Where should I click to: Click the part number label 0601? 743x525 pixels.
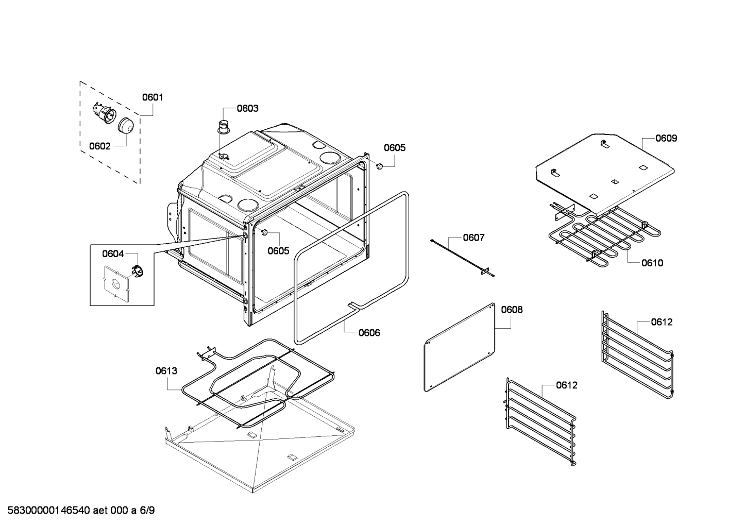pos(153,97)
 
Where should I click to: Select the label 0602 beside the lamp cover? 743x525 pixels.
pos(99,146)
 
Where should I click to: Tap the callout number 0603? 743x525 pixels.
pos(247,108)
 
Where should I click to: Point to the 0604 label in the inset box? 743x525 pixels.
pos(112,253)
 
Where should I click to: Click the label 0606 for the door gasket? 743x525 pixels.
pos(369,333)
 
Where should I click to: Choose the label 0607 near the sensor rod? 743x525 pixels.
pos(474,238)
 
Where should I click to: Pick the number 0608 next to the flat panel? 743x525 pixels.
pos(512,310)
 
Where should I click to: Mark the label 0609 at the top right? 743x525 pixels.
pos(666,138)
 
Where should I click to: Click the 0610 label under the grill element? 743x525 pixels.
pos(652,263)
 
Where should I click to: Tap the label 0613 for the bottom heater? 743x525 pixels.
pos(166,370)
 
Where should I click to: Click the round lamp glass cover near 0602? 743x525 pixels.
pos(125,125)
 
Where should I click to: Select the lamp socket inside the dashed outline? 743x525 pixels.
pos(103,113)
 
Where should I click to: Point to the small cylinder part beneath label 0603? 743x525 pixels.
pos(224,126)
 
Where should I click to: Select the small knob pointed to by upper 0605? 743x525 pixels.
pos(379,166)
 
